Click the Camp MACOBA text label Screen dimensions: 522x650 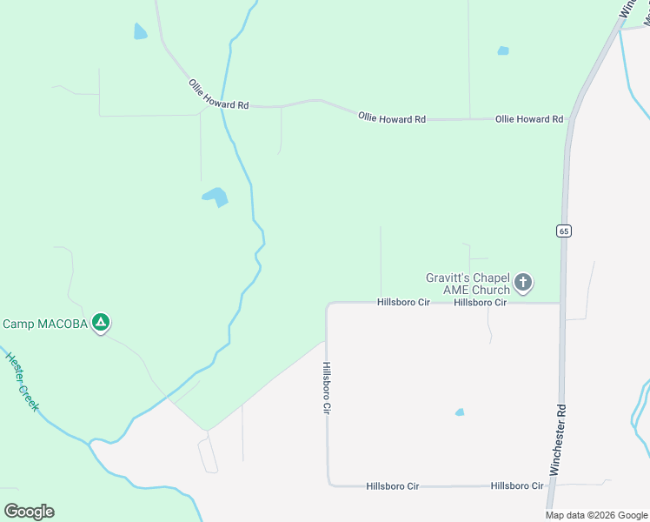pyautogui.click(x=45, y=324)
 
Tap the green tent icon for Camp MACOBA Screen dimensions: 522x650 pyautogui.click(x=102, y=323)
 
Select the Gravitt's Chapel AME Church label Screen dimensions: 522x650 pyautogui.click(x=467, y=284)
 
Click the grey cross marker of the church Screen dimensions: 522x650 pyautogui.click(x=523, y=282)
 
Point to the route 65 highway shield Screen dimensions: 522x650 pyautogui.click(x=564, y=231)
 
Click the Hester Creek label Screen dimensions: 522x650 pyautogui.click(x=22, y=381)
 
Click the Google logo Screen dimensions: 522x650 pyautogui.click(x=29, y=511)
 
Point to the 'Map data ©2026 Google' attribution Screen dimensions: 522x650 pyautogui.click(x=595, y=515)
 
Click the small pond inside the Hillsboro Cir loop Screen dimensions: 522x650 pyautogui.click(x=459, y=412)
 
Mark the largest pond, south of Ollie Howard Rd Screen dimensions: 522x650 pyautogui.click(x=216, y=197)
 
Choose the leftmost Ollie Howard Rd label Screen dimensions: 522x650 pyautogui.click(x=219, y=94)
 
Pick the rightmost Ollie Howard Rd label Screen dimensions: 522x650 pyautogui.click(x=529, y=119)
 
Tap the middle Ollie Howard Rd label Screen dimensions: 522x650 pyautogui.click(x=392, y=117)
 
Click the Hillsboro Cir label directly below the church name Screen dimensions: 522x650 pyautogui.click(x=480, y=303)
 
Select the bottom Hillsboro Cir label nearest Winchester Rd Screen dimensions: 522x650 pyautogui.click(x=517, y=485)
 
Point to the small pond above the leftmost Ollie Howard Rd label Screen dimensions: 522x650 pyautogui.click(x=140, y=32)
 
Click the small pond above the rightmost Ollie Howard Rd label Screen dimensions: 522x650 pyautogui.click(x=503, y=50)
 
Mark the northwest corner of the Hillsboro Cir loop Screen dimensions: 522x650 pyautogui.click(x=328, y=304)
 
